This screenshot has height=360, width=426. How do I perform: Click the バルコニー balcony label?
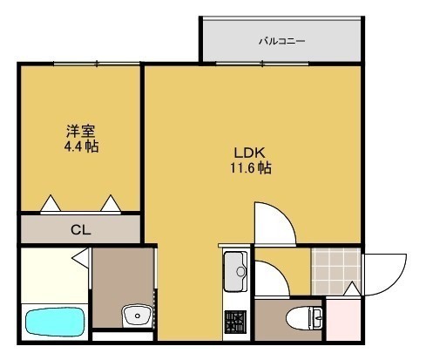281,41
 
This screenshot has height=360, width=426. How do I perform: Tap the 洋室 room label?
81,131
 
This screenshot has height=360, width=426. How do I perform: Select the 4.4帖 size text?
81,146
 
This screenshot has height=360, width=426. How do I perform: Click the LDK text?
250,153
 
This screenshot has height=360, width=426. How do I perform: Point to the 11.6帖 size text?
251,168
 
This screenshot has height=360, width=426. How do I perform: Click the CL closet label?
81,230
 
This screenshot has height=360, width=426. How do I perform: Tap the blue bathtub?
55,322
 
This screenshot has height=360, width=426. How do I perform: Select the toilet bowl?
304,318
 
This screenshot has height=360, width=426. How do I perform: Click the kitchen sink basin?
235,272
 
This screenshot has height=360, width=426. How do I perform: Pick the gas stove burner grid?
235,322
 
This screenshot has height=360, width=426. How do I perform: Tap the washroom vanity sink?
137,316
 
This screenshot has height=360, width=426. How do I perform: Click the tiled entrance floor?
335,271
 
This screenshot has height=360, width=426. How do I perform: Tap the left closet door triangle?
51,203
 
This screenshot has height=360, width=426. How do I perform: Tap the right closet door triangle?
111,203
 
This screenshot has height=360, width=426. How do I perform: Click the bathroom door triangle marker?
80,257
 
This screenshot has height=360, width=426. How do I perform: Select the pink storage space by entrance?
343,319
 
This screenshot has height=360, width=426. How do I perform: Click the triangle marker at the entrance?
352,289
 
